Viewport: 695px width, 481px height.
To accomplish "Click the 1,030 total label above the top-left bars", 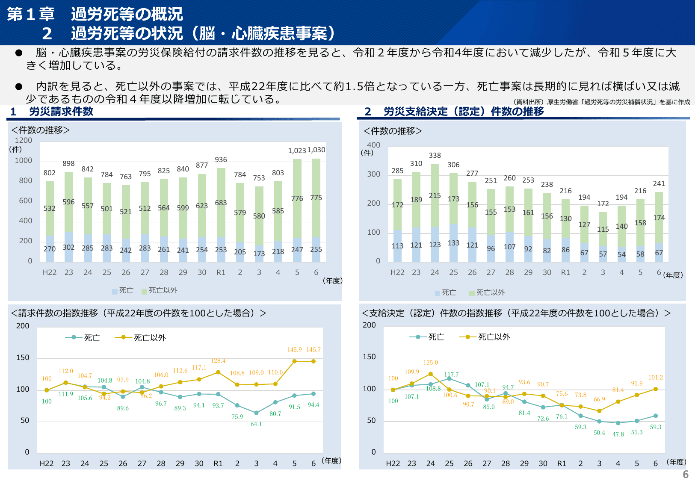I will click(x=316, y=150).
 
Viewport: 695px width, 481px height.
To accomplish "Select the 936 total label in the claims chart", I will click(x=221, y=160).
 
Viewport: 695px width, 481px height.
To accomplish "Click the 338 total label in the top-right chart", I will click(x=435, y=156).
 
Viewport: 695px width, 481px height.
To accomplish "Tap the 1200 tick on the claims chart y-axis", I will click(x=24, y=141).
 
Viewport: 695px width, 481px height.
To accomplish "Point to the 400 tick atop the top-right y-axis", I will click(x=373, y=145).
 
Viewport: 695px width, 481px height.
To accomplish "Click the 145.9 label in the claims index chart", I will click(x=294, y=350).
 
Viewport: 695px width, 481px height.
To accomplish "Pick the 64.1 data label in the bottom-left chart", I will click(x=256, y=424).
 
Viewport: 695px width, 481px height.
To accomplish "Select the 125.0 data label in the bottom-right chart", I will click(x=430, y=363).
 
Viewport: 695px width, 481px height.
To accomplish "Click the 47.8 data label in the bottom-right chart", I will click(x=618, y=434).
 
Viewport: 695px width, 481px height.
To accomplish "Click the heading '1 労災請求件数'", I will click(x=52, y=112).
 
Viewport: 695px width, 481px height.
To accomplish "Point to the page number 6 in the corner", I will click(x=686, y=474).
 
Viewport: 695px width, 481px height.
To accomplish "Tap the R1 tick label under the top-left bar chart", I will click(x=221, y=273).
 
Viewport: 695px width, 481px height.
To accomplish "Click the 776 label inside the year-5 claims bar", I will click(x=297, y=199).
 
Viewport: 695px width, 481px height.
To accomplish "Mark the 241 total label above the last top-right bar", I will click(x=659, y=184).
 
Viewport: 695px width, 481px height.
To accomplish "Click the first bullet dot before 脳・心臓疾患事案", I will click(x=19, y=53).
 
